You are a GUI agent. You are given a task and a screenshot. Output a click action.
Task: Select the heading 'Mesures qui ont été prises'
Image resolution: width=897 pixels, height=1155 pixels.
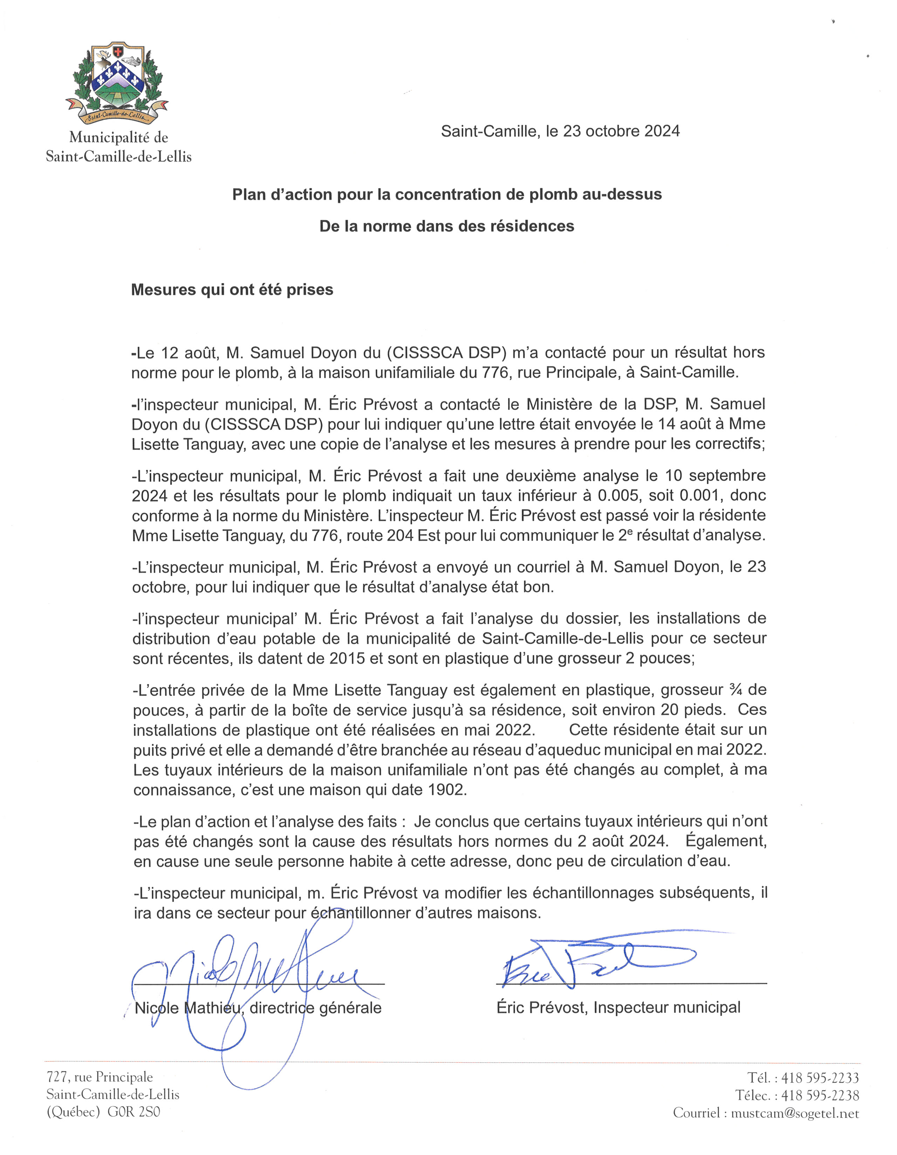coord(232,290)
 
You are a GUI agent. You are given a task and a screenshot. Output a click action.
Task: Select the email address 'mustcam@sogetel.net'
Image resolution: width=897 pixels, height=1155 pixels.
coord(795,1113)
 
